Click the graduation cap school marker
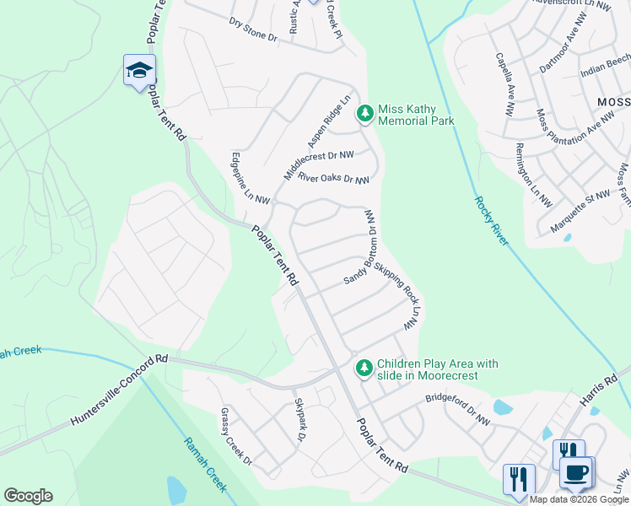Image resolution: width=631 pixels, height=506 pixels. pos(139,70)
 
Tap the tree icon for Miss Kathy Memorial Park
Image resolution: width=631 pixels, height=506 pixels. pos(365,113)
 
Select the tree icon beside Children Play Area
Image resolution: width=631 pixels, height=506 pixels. pos(364,368)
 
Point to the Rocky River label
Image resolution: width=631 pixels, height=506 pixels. pos(491,221)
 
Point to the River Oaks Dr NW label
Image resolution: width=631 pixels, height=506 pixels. pos(333,178)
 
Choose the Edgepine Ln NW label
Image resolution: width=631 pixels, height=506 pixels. pos(251,179)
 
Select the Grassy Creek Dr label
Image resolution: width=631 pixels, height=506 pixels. pos(236,436)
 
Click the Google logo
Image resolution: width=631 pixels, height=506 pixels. pos(28,496)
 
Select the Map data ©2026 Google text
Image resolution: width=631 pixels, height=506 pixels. pos(580,499)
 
